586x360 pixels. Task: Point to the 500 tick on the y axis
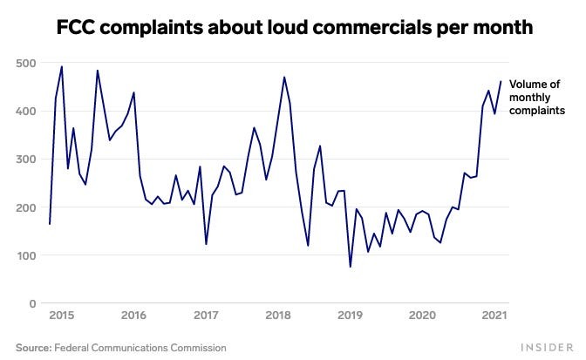coord(24,64)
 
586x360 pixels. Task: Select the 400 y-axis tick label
coord(24,112)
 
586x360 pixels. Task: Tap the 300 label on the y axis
coord(24,160)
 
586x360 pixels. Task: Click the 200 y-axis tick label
coord(24,207)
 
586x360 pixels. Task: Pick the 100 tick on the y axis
coord(24,255)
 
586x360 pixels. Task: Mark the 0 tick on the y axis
coord(31,303)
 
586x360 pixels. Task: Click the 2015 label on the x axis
coord(60,316)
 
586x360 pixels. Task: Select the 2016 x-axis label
coord(133,316)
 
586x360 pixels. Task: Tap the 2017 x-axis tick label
coord(205,316)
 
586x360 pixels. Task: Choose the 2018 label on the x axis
coord(277,316)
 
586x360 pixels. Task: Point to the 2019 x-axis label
coord(350,316)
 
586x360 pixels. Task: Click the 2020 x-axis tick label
coord(422,316)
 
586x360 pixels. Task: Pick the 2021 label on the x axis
coord(494,316)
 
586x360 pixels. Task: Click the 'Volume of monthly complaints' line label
coord(537,98)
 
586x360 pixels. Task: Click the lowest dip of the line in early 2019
coord(351,267)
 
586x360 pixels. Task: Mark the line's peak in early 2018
coord(284,77)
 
